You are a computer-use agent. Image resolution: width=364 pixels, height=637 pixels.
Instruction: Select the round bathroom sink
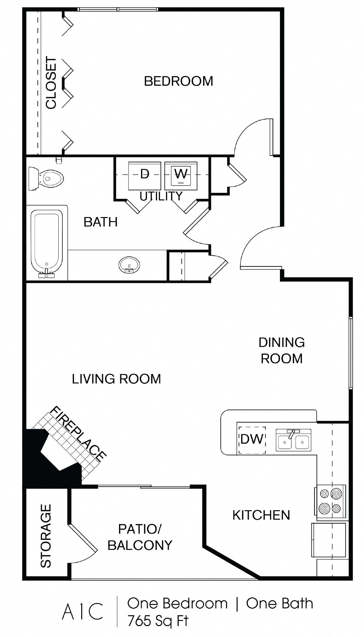click(x=129, y=265)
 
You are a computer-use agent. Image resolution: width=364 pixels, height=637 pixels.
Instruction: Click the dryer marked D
click(x=145, y=176)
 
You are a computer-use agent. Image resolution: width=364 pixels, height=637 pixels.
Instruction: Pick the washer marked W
click(x=181, y=176)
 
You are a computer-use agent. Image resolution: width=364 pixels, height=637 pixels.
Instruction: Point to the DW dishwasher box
click(x=252, y=439)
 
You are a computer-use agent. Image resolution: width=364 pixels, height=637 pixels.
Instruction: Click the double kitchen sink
click(x=293, y=440)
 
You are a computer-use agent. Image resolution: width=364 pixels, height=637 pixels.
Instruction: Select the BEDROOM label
click(x=178, y=81)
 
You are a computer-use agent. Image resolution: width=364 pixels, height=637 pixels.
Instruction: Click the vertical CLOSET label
click(x=51, y=83)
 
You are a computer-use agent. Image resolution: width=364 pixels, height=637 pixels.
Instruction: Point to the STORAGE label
click(x=46, y=536)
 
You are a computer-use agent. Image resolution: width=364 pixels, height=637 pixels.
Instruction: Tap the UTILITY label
click(x=161, y=196)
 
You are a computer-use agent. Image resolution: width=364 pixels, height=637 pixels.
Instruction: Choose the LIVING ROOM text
click(x=116, y=379)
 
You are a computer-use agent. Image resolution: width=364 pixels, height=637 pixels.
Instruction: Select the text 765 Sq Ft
click(x=157, y=621)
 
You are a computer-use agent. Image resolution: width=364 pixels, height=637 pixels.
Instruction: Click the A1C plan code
click(x=82, y=611)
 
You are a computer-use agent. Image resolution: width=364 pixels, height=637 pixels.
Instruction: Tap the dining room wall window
click(x=350, y=353)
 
